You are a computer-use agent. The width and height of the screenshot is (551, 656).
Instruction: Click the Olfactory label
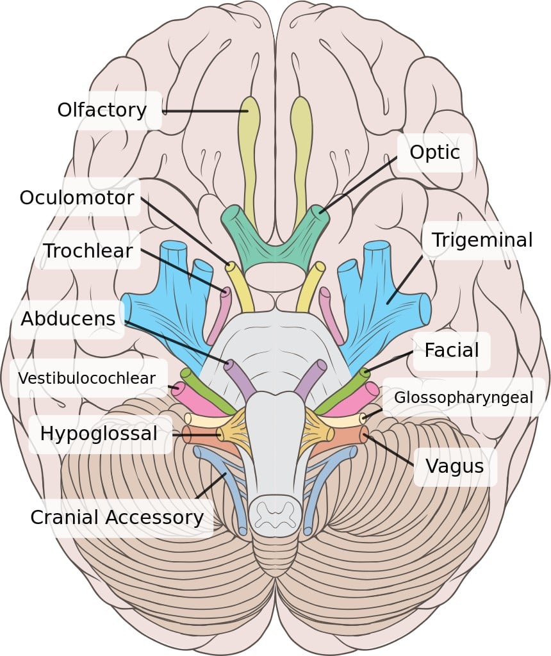point(102,110)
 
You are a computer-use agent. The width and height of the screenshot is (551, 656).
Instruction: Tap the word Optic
point(435,152)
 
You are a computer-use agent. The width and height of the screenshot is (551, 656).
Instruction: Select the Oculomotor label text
point(77,197)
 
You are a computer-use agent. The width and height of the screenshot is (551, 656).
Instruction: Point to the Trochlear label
point(88,250)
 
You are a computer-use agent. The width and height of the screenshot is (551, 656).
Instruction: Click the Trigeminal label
point(482,240)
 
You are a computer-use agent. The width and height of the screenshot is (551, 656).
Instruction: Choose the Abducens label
point(68,318)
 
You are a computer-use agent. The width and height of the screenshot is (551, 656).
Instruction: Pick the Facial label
point(451,350)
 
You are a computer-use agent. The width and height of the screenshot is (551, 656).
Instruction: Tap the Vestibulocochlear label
point(86,378)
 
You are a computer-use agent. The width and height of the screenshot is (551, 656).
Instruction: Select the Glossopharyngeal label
point(463,397)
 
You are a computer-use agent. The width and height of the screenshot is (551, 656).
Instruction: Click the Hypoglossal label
point(99,434)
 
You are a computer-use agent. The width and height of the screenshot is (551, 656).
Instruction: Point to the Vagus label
point(454,466)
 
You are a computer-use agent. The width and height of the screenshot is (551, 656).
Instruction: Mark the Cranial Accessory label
point(117,517)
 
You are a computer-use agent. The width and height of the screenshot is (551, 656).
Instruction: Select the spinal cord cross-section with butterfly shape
point(275,512)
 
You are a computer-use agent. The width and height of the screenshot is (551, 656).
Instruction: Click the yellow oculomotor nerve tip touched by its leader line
point(229,265)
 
